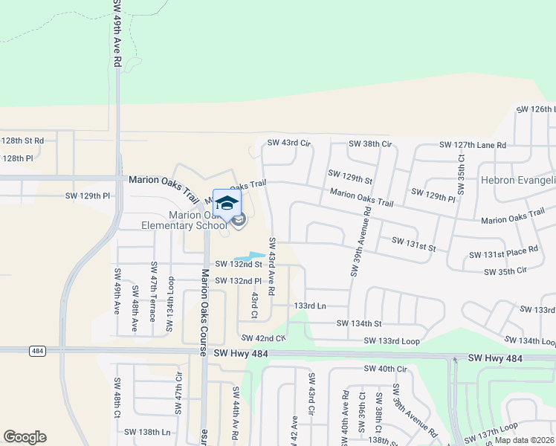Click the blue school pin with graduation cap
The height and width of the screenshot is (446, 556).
point(227,204)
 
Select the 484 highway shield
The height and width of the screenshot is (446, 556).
point(38,350)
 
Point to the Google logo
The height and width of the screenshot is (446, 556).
point(25,437)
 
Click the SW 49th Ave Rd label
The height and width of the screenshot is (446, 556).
point(117,33)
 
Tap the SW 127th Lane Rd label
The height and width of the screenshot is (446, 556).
point(472,145)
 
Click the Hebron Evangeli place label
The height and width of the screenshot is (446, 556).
point(518,180)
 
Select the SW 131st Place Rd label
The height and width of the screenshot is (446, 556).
point(502,254)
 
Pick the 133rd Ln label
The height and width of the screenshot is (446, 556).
point(310,306)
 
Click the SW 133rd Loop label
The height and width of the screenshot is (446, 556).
point(392,340)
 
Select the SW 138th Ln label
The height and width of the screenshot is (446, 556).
point(147,432)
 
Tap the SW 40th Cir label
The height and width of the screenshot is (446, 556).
point(386,369)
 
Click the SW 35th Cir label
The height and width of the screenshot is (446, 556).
point(509,272)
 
